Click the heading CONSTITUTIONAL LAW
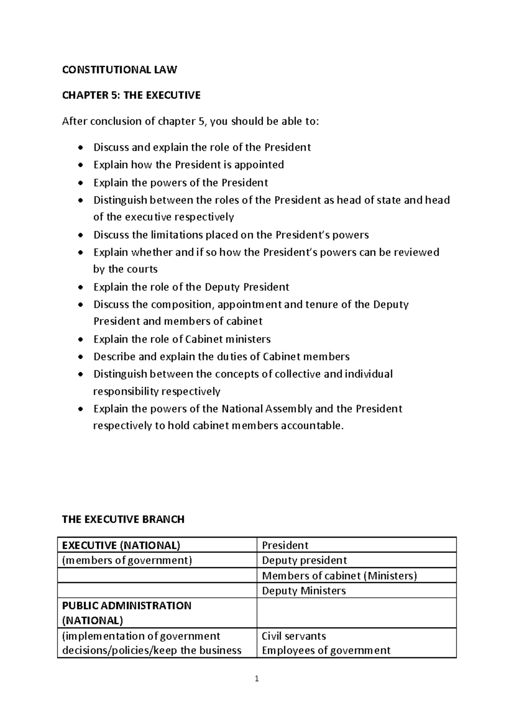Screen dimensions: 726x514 click(x=119, y=70)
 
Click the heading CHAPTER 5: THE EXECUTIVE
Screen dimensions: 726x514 click(x=131, y=95)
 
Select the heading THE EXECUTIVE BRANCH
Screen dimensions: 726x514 click(x=123, y=519)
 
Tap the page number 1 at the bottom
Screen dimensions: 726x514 click(x=257, y=678)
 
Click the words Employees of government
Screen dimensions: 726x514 click(x=326, y=651)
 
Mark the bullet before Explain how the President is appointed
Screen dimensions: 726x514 click(x=81, y=165)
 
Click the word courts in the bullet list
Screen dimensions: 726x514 click(x=142, y=269)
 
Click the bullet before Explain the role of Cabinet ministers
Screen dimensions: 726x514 click(x=81, y=339)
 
